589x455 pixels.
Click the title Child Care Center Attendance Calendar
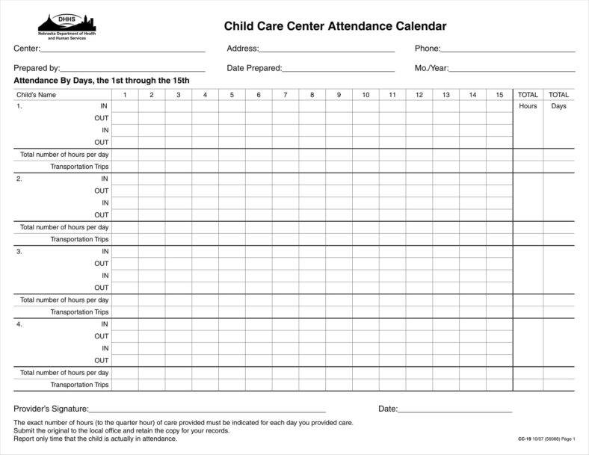tap(335, 27)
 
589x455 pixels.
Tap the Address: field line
tap(327, 49)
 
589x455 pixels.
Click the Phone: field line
tap(508, 49)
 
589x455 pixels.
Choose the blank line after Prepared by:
tap(133, 69)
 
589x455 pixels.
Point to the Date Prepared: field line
tap(338, 69)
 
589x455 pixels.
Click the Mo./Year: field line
tap(512, 69)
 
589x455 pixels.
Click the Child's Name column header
tap(37, 95)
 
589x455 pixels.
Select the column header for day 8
tap(312, 95)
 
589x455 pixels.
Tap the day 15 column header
tap(499, 95)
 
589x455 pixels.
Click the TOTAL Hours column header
tap(528, 95)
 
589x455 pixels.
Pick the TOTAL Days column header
tap(558, 95)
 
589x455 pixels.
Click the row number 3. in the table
tap(19, 252)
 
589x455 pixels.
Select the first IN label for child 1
tap(105, 106)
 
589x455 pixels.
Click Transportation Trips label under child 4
tap(79, 385)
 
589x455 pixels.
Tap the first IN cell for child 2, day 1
tap(125, 179)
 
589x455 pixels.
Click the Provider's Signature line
tap(207, 409)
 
